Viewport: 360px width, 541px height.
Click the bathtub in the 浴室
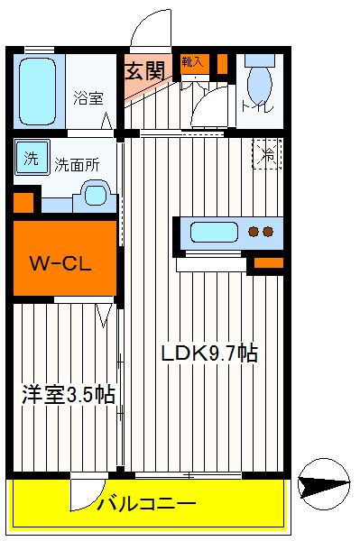tap(37, 91)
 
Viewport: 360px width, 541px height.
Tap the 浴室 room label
tap(88, 98)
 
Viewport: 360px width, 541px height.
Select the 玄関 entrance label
tap(145, 71)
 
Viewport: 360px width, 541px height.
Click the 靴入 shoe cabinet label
tap(192, 62)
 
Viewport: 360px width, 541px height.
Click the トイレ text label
tap(258, 105)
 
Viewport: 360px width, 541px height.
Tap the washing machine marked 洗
tap(32, 157)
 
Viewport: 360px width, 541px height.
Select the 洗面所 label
tap(78, 165)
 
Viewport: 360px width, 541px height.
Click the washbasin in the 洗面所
tap(95, 196)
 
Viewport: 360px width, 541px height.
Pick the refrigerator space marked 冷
tap(267, 154)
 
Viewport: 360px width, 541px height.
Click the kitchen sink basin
tap(214, 232)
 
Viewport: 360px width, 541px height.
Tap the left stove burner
tap(254, 232)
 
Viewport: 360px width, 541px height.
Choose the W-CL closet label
tap(60, 263)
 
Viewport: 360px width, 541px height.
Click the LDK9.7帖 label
tap(209, 353)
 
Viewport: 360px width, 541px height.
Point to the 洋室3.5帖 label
tap(69, 394)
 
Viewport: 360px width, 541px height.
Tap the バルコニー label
tap(147, 503)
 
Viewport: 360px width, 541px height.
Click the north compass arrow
tap(324, 484)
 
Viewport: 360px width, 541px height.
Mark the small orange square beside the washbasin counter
tap(23, 203)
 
